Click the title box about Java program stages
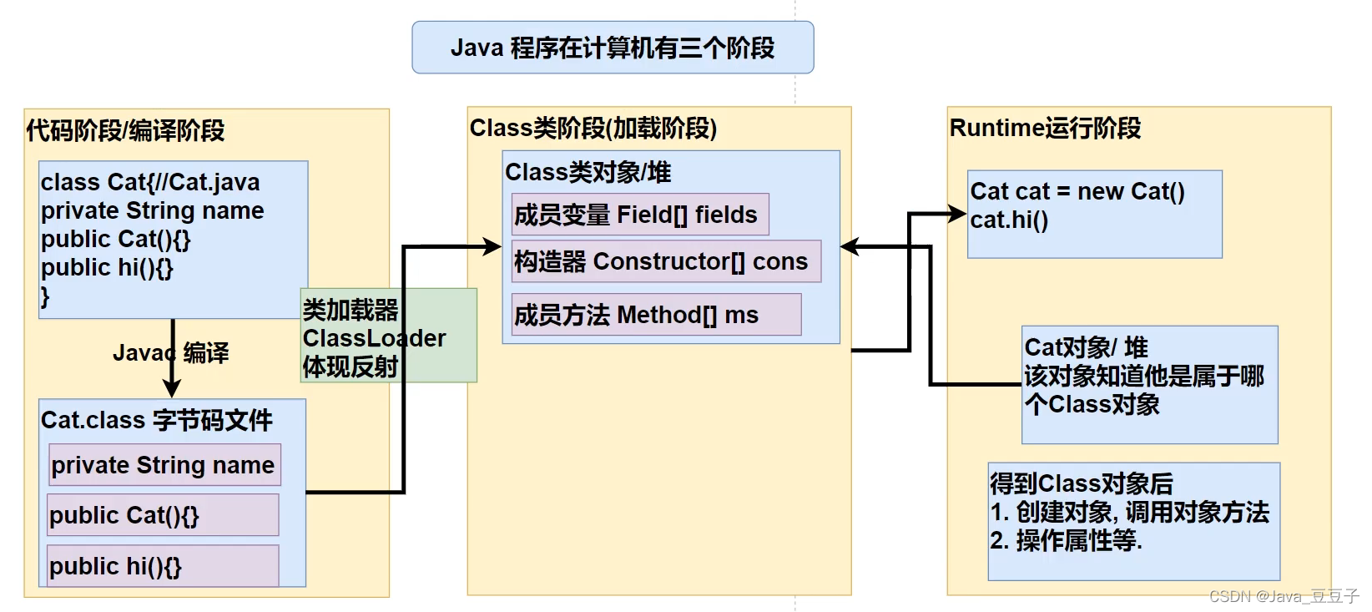tap(613, 48)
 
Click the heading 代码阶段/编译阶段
tap(125, 131)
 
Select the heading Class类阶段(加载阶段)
tap(593, 129)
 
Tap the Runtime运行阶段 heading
tap(1045, 129)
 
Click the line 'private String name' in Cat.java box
tap(152, 210)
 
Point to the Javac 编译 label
tap(170, 353)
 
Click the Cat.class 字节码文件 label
tap(156, 420)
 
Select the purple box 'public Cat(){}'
tap(164, 515)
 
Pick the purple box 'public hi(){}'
tap(164, 566)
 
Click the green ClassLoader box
tap(388, 336)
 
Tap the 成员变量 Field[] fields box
tap(639, 215)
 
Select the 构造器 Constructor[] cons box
tap(665, 262)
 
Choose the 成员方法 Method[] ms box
tap(656, 315)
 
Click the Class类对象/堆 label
tap(588, 172)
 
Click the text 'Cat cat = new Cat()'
tap(1077, 191)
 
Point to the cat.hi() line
tap(1009, 220)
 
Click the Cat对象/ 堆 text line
tap(1086, 346)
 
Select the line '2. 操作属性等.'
tap(1066, 540)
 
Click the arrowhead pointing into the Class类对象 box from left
tap(492, 246)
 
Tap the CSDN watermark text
tap(1284, 596)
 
